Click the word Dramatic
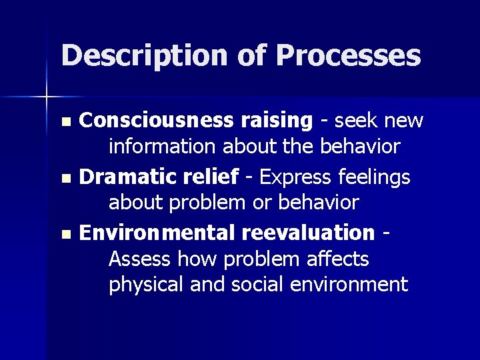tap(121, 177)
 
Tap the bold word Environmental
tap(152, 233)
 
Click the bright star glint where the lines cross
tap(47, 97)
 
